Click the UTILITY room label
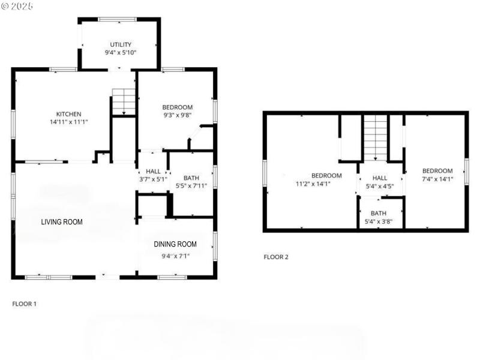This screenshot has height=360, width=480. coord(121,44)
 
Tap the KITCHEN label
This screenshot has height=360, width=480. coord(68,114)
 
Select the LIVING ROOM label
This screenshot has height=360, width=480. coord(62,222)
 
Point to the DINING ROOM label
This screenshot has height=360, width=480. coord(175,244)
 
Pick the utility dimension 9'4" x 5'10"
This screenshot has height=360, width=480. coord(121,53)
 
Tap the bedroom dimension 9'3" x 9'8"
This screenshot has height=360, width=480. coord(177,116)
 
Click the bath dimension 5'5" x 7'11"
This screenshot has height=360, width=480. coord(191,186)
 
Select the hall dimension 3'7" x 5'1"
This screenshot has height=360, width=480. coord(153,179)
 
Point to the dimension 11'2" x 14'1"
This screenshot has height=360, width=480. coord(313,184)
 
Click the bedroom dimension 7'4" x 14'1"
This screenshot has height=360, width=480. coord(437,178)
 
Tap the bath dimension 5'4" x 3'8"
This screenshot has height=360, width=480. coord(379,221)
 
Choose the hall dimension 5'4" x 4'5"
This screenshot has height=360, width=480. coord(380,186)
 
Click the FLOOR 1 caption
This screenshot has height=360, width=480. coord(25,304)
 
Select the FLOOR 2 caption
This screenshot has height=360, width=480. coord(276,257)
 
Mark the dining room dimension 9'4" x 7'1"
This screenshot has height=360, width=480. coord(175,256)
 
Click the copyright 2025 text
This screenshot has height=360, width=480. coord(17,6)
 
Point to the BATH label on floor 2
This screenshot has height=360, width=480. coord(379,213)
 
